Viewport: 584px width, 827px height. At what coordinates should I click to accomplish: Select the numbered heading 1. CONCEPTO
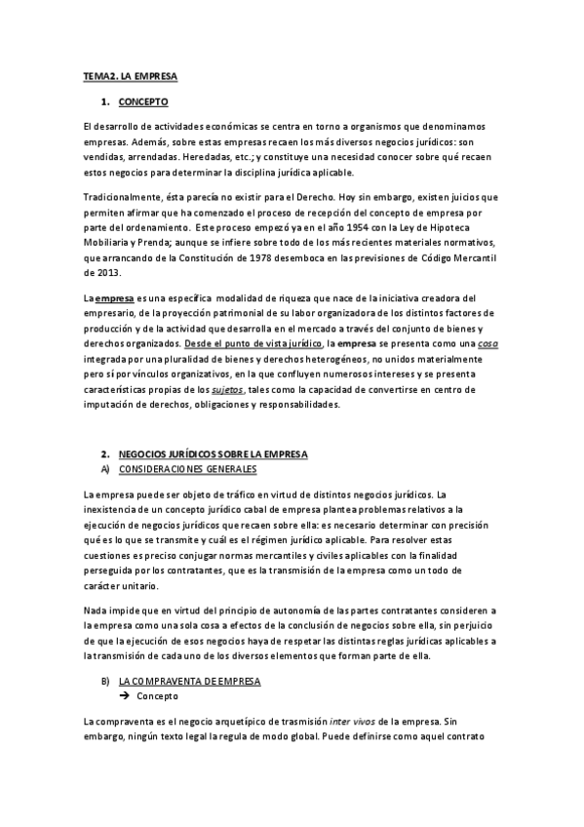click(142, 101)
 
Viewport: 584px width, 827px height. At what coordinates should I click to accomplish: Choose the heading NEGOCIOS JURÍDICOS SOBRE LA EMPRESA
click(213, 454)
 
